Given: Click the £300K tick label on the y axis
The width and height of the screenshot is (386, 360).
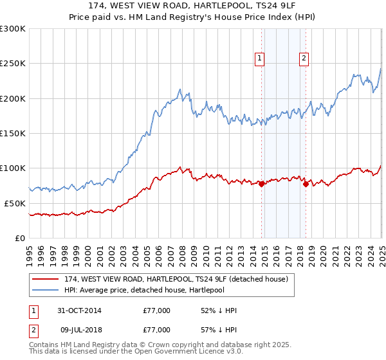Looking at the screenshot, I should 13,29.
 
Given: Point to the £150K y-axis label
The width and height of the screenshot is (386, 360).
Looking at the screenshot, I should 13,133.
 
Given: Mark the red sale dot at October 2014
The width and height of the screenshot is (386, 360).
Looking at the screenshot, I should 262,184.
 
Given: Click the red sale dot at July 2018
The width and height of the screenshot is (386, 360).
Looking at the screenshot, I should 306,184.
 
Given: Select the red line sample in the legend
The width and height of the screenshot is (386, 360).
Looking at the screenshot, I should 45,278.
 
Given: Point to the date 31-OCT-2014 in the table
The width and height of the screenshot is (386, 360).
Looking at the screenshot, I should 80,311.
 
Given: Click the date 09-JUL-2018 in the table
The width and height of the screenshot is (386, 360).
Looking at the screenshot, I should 79,329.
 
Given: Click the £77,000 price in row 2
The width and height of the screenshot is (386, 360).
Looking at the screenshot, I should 156,329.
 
